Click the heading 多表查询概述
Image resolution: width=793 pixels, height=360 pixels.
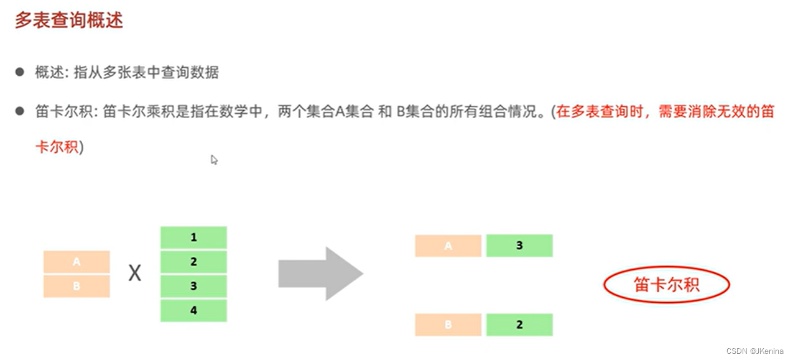[x=68, y=20]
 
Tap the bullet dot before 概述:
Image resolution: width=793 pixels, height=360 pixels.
[x=20, y=72]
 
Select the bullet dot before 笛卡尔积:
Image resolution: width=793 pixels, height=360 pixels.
[x=20, y=111]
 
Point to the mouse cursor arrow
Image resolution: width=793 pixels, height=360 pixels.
[x=213, y=159]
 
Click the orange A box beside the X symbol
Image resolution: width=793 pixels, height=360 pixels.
[x=77, y=262]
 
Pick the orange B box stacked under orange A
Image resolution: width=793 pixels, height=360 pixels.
[x=77, y=286]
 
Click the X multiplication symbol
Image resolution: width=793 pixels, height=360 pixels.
[x=134, y=273]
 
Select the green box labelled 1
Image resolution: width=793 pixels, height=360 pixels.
[x=193, y=238]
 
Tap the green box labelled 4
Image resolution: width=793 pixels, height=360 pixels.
[x=193, y=310]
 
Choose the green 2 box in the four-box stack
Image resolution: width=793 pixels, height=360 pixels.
[x=193, y=262]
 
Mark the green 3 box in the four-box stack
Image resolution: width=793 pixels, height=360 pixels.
[x=193, y=286]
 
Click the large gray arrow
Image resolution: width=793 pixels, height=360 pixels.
[x=320, y=274]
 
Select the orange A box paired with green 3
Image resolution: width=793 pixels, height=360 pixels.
[x=448, y=246]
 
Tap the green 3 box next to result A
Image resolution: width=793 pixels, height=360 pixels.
[x=519, y=246]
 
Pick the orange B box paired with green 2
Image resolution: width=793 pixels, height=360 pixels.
[x=448, y=325]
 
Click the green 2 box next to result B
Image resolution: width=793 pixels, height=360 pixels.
[x=519, y=325]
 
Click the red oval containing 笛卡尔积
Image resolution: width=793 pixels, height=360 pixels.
[x=666, y=285]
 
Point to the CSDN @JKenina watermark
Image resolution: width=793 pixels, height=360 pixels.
[x=756, y=351]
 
